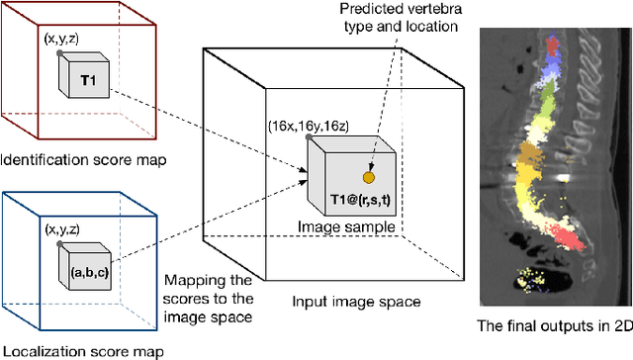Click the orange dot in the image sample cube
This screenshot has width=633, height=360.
click(368, 178)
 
